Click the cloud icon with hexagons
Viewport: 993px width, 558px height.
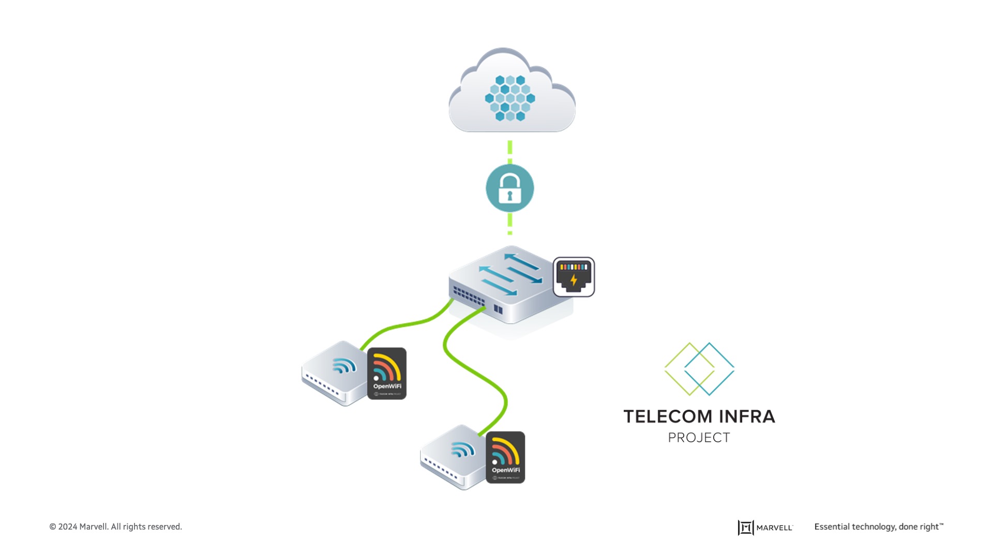[511, 93]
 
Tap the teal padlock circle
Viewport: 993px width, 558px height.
[510, 188]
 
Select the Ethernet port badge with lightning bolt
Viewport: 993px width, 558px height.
[574, 277]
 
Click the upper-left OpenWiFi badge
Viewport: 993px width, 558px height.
[387, 374]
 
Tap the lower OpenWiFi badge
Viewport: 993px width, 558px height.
[505, 457]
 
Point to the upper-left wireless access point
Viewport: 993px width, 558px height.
[335, 373]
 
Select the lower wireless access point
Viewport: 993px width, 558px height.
[454, 457]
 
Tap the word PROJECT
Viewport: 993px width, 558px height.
[699, 438]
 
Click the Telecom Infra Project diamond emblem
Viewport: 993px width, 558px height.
[699, 369]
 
